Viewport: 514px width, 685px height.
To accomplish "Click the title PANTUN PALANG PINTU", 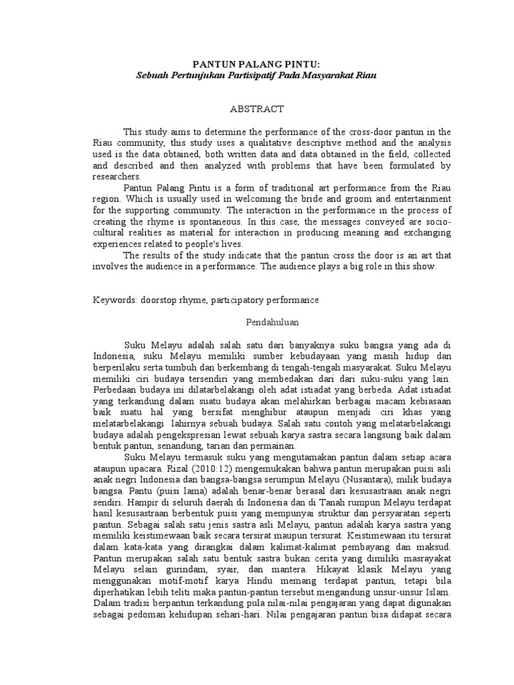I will [x=256, y=64].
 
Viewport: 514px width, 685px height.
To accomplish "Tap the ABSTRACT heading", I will [x=257, y=108].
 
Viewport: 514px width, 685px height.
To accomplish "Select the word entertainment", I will [x=415, y=199].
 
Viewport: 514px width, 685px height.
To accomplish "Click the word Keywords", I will [x=114, y=300].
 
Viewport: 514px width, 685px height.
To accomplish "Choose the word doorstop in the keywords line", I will [x=158, y=300].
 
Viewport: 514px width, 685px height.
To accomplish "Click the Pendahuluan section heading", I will [x=257, y=322].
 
